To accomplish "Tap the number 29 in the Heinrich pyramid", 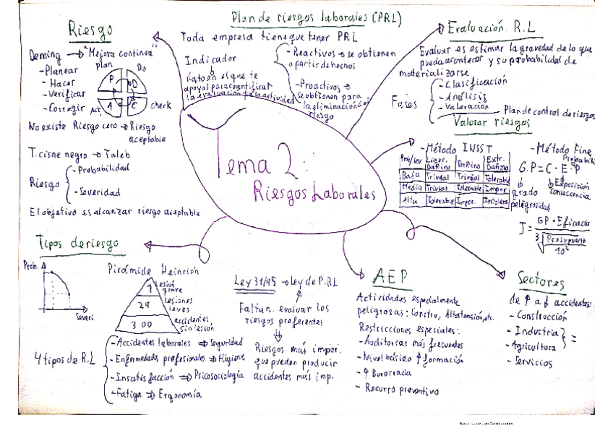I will [x=144, y=306].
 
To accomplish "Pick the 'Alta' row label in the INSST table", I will [x=410, y=201].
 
